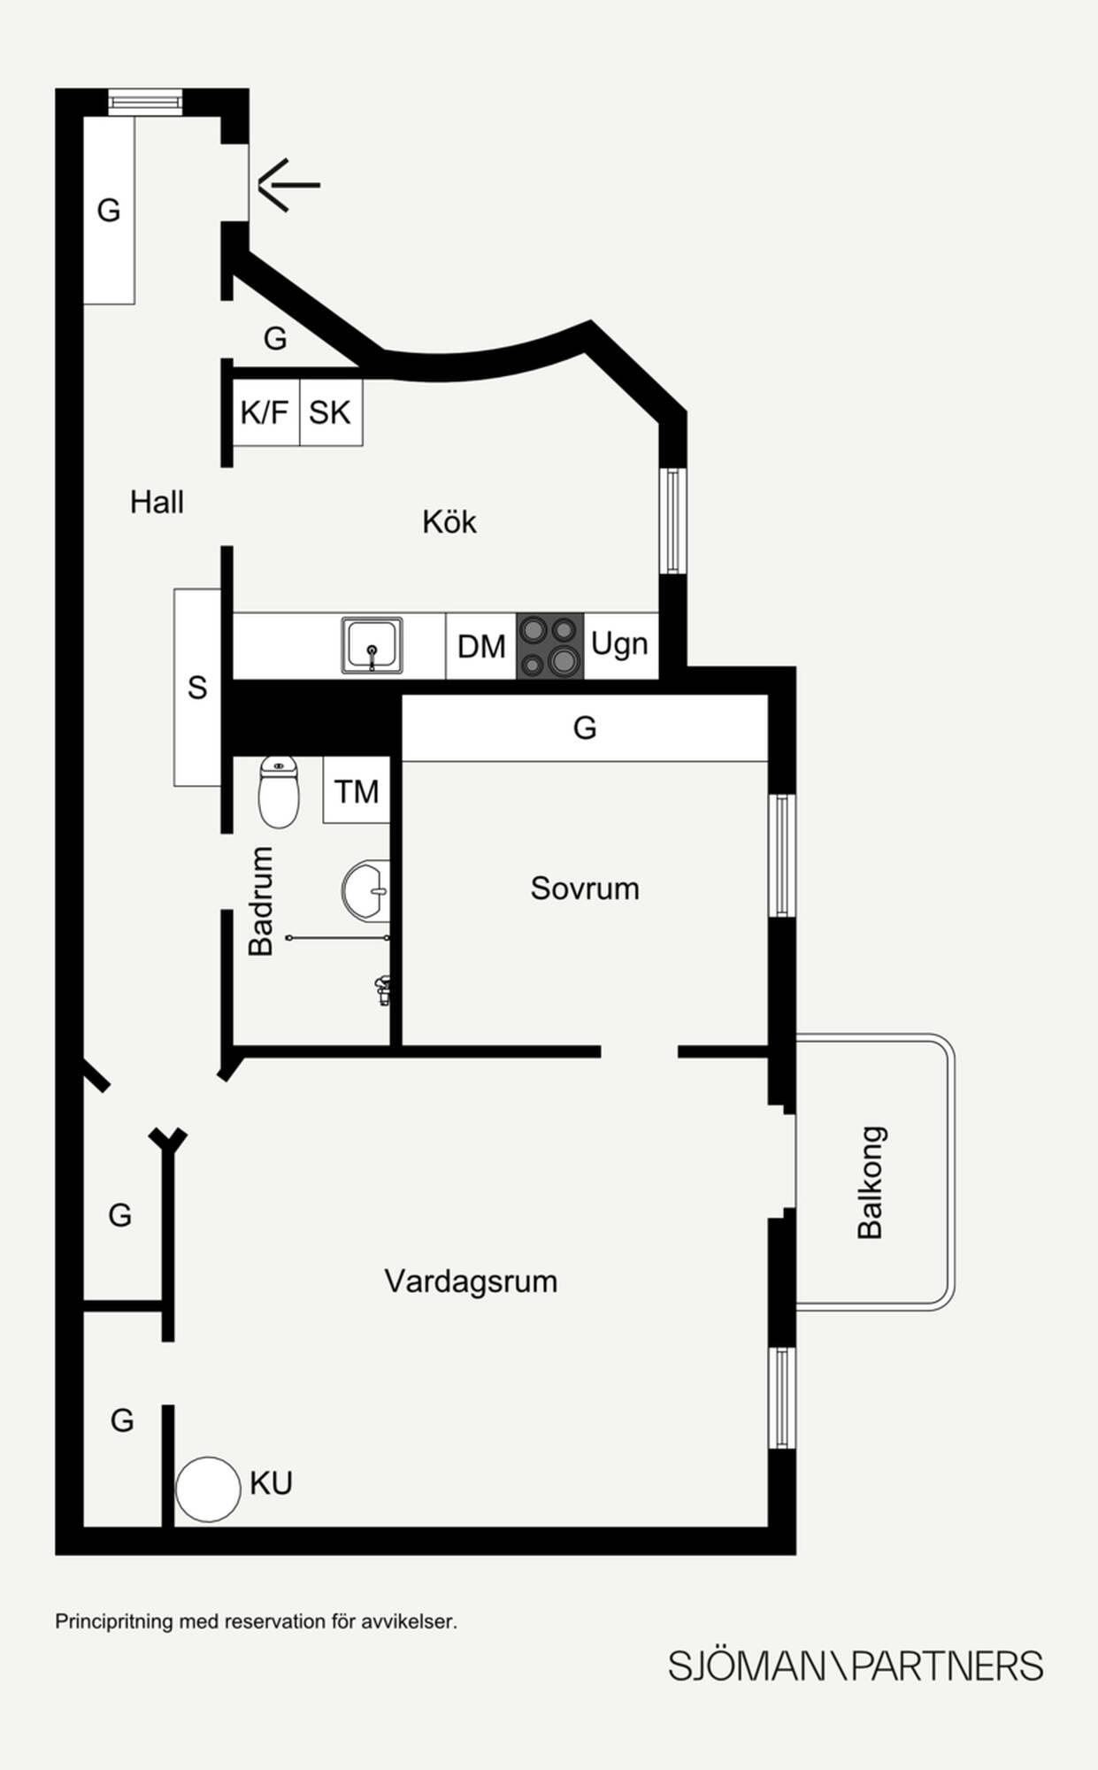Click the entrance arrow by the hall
[x=289, y=185]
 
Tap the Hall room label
[x=157, y=503]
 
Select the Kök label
[x=449, y=521]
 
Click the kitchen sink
[x=372, y=645]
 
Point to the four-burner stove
[x=550, y=646]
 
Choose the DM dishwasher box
[x=481, y=646]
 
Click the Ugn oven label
[x=619, y=644]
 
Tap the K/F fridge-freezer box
[x=265, y=412]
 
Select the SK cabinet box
[x=331, y=412]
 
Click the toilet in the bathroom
[x=279, y=792]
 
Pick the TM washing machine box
[x=357, y=790]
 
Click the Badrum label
[x=260, y=901]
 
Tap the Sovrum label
[x=585, y=889]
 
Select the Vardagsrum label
[x=471, y=1281]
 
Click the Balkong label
[x=871, y=1182]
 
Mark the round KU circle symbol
[x=208, y=1489]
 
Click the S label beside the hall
[x=197, y=688]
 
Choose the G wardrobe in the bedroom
[x=585, y=727]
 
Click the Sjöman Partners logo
[x=856, y=1666]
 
